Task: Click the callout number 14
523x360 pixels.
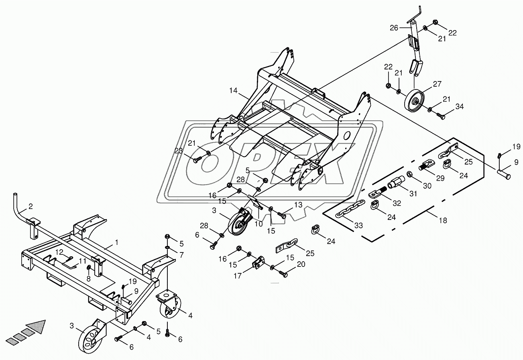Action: pyautogui.click(x=234, y=91)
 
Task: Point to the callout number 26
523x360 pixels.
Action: pyautogui.click(x=395, y=28)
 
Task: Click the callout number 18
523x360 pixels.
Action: pyautogui.click(x=443, y=220)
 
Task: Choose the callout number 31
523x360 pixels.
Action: pyautogui.click(x=413, y=193)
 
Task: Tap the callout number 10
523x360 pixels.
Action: pyautogui.click(x=258, y=224)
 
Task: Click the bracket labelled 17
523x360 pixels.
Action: pyautogui.click(x=258, y=263)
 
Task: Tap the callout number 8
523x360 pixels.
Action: pyautogui.click(x=89, y=278)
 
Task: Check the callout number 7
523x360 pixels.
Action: pyautogui.click(x=181, y=255)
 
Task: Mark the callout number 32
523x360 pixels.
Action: pyautogui.click(x=397, y=203)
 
